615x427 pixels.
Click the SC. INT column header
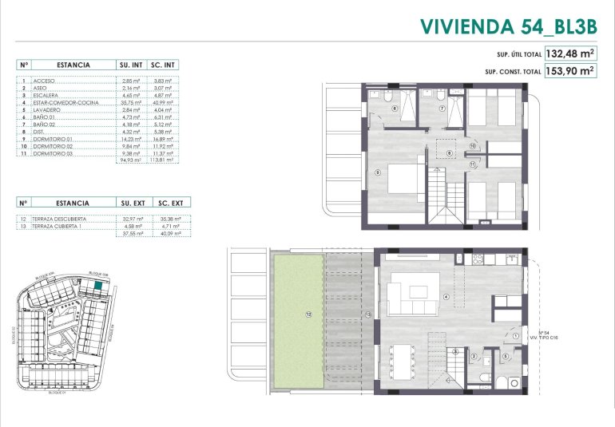(x=164, y=65)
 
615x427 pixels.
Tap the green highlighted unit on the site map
(x=97, y=283)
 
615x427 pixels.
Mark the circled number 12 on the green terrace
(x=307, y=314)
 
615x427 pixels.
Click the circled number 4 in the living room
(x=446, y=297)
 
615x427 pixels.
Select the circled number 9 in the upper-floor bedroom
(x=376, y=172)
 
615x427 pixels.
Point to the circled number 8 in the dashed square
(x=449, y=153)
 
